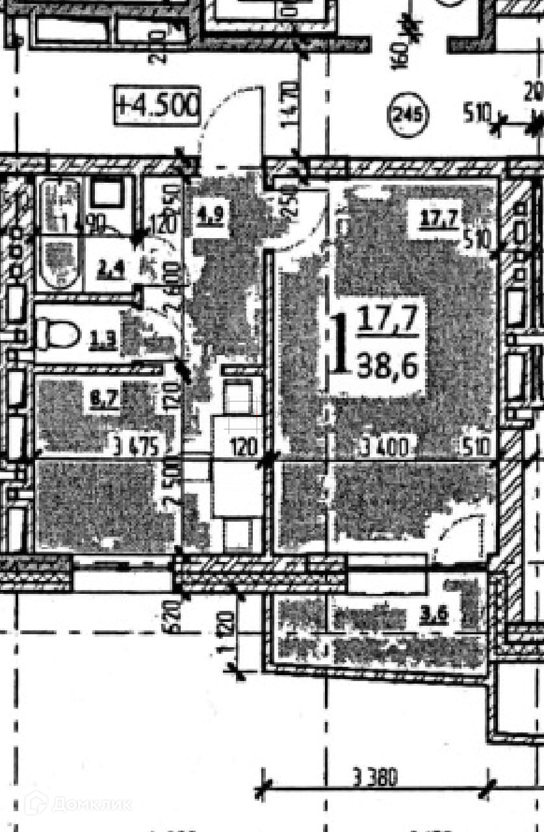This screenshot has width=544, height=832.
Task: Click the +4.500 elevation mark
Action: click(x=157, y=105)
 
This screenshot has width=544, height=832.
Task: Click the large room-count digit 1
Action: click(x=339, y=345)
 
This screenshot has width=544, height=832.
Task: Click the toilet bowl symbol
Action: click(x=57, y=334)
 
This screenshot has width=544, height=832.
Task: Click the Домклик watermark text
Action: click(x=92, y=805)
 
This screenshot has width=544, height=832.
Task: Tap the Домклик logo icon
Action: click(x=36, y=803)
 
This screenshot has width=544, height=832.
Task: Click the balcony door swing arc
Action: click(x=458, y=530)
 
